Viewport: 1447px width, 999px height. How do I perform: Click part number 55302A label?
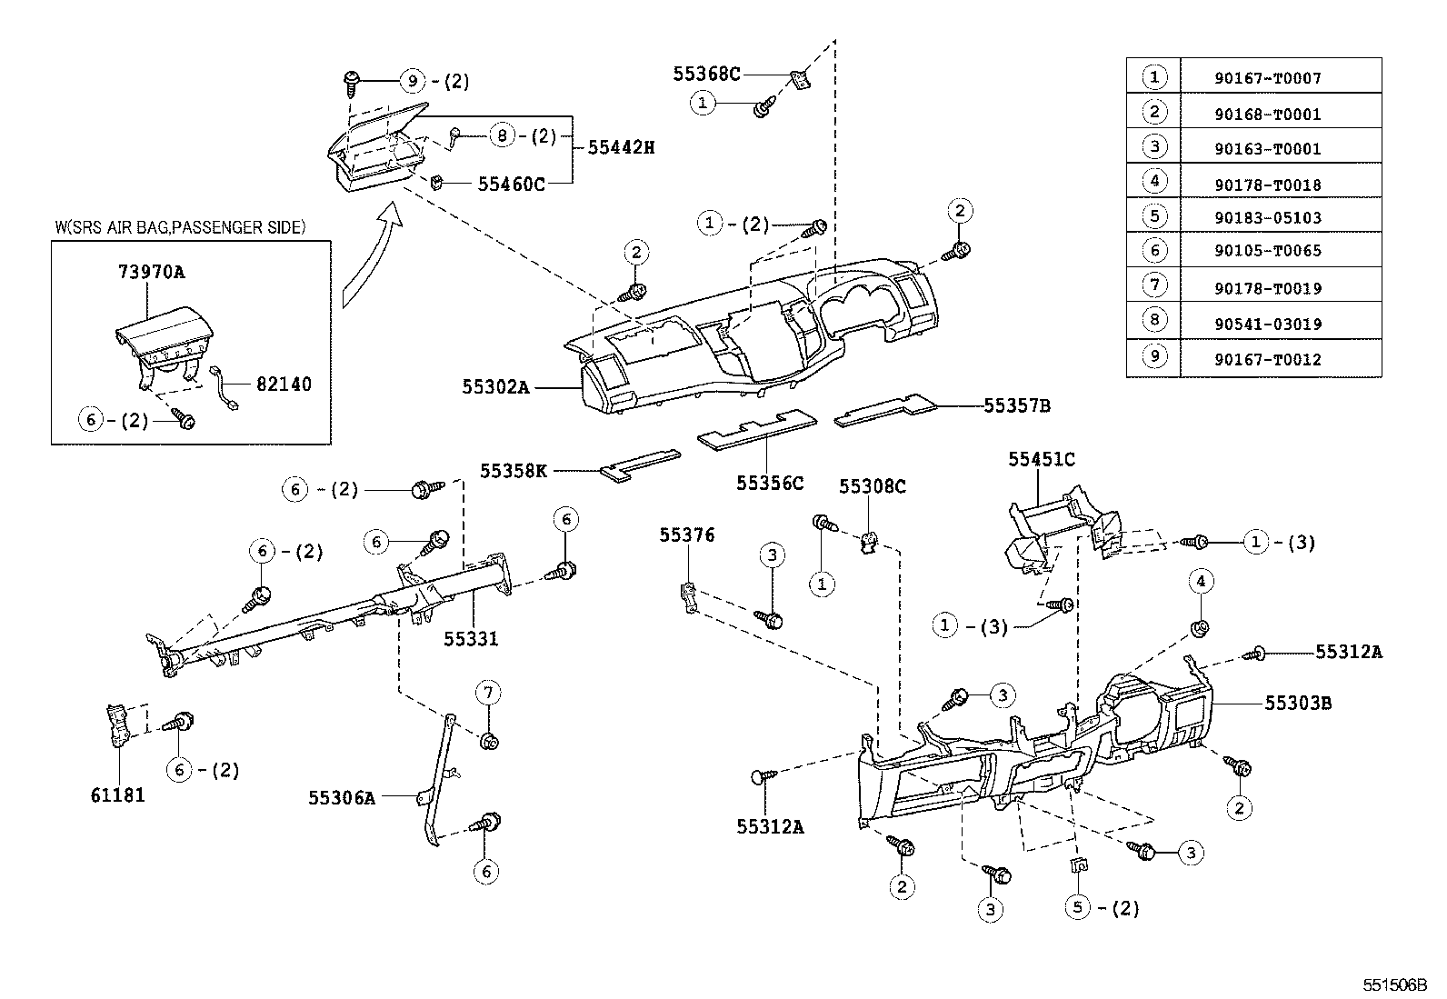point(494,386)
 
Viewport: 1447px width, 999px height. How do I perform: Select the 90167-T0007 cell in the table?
point(1267,78)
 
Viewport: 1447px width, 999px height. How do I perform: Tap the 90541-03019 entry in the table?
point(1267,324)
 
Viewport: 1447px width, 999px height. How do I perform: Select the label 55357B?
point(1016,405)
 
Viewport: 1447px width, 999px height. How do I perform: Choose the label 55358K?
point(514,471)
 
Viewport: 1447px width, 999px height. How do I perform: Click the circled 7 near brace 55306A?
point(487,694)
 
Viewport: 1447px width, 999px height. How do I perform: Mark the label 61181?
point(117,794)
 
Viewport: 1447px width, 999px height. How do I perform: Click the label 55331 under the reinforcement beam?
point(471,639)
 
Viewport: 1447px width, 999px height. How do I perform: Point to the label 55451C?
point(1041,459)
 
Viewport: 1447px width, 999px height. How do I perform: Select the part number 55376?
point(687,535)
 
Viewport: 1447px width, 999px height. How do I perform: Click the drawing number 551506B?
point(1393,985)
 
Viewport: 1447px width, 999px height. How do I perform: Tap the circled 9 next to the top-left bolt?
point(413,81)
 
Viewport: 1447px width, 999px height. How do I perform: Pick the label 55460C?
point(511,185)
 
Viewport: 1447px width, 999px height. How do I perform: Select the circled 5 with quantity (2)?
point(1077,907)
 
